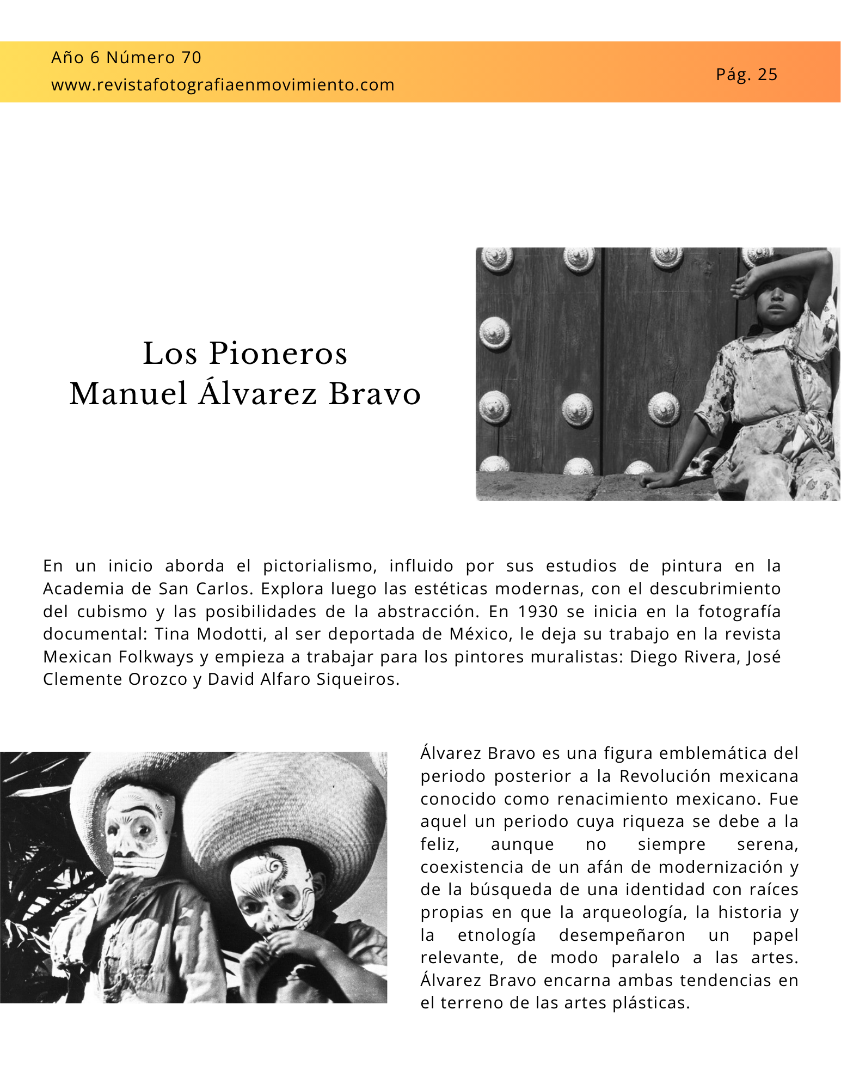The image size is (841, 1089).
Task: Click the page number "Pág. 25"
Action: click(746, 75)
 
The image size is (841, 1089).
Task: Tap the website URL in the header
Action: click(223, 85)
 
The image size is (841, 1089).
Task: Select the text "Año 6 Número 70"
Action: click(126, 57)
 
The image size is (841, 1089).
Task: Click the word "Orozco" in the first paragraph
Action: click(158, 679)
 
